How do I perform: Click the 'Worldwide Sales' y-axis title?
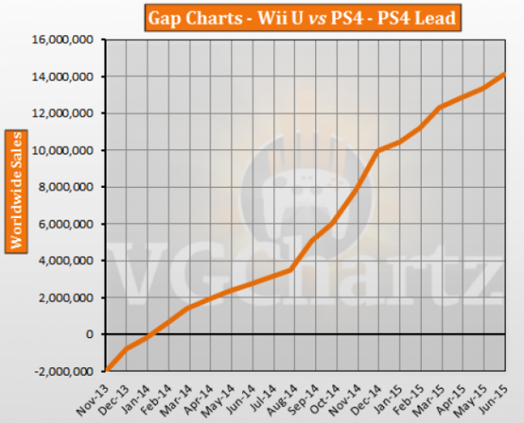(x=15, y=190)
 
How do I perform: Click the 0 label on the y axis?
(x=90, y=335)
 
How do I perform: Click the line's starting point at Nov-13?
(x=107, y=371)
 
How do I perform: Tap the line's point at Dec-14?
(x=377, y=152)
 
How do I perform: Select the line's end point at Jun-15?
(x=503, y=74)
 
